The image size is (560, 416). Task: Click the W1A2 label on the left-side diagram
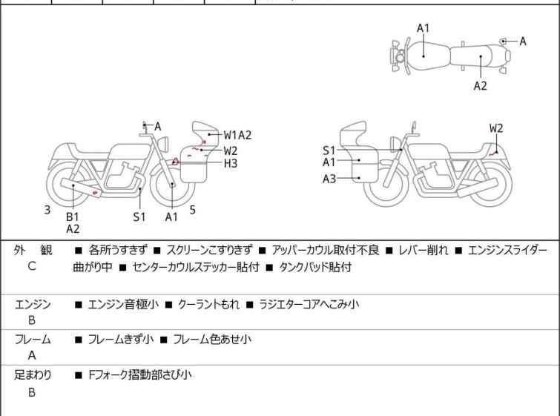click(238, 135)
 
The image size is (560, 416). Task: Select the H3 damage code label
click(231, 163)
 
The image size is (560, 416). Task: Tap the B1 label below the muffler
click(72, 217)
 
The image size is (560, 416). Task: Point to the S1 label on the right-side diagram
click(329, 151)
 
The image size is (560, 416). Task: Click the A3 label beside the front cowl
click(329, 179)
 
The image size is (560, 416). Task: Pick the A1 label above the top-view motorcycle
click(423, 28)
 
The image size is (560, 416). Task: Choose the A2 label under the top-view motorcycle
click(481, 85)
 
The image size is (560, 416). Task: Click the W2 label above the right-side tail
click(496, 128)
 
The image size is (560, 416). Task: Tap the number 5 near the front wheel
click(193, 210)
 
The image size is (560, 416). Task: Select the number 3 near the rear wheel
click(47, 210)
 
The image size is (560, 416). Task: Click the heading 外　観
click(33, 250)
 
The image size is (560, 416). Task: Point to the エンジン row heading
click(33, 304)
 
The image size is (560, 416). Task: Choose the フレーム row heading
click(33, 340)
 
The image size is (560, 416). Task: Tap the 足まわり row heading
click(33, 375)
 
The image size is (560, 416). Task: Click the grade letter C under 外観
click(32, 266)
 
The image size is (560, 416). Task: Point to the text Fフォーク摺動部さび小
click(139, 375)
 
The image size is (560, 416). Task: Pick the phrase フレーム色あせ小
click(212, 340)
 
